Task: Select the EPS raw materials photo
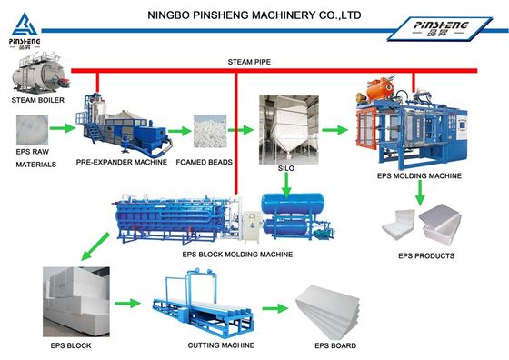(x=35, y=130)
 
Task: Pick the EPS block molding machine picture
(x=182, y=218)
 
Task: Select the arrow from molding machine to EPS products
(x=420, y=191)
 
